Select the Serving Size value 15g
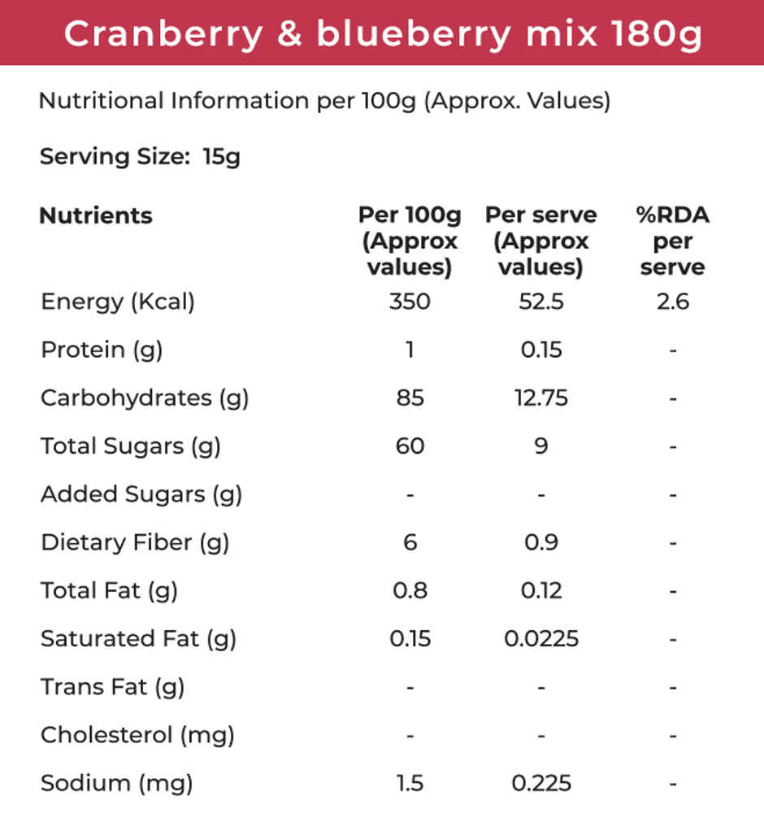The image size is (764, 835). pyautogui.click(x=221, y=156)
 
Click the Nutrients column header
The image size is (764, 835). pyautogui.click(x=96, y=215)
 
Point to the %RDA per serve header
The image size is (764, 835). pyautogui.click(x=672, y=241)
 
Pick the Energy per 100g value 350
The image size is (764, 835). pyautogui.click(x=410, y=302)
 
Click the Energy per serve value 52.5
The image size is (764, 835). pyautogui.click(x=541, y=302)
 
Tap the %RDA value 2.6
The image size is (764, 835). pyautogui.click(x=672, y=302)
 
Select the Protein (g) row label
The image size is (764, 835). pyautogui.click(x=102, y=350)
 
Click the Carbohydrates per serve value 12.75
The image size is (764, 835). pyautogui.click(x=541, y=398)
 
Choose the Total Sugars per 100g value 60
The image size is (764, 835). pyautogui.click(x=410, y=446)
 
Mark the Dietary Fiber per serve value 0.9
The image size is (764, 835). pyautogui.click(x=541, y=541)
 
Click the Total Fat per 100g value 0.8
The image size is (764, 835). pyautogui.click(x=410, y=589)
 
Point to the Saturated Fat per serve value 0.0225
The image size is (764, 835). pyautogui.click(x=541, y=638)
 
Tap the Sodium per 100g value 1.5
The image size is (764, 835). pyautogui.click(x=410, y=783)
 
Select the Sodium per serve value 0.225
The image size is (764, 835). pyautogui.click(x=541, y=783)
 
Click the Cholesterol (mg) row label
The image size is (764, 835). pyautogui.click(x=137, y=735)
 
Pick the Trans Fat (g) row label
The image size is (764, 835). pyautogui.click(x=112, y=687)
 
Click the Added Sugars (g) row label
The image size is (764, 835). pyautogui.click(x=141, y=494)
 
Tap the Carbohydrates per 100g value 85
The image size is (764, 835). pyautogui.click(x=410, y=398)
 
